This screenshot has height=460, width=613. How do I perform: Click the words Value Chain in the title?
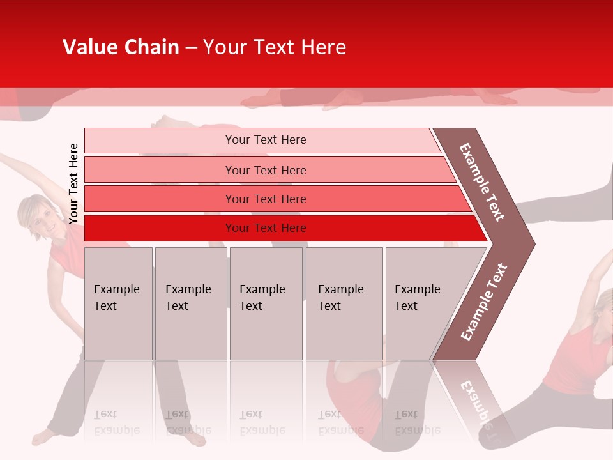[x=121, y=47]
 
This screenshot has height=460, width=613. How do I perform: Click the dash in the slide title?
[x=191, y=48]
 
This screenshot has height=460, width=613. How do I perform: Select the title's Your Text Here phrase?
[x=275, y=47]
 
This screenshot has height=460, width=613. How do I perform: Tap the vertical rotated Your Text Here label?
[x=74, y=183]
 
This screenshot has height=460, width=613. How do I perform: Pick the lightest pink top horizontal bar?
[x=265, y=140]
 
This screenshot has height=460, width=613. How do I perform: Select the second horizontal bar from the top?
[x=265, y=170]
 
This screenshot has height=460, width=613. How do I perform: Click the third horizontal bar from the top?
[x=265, y=199]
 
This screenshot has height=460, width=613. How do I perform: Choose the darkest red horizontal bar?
[x=265, y=228]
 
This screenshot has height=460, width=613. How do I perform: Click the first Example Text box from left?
[x=118, y=303]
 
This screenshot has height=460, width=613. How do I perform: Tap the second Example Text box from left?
[x=190, y=303]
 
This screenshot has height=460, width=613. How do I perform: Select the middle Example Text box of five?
[x=266, y=303]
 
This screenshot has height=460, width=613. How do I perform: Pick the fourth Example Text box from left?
[x=344, y=303]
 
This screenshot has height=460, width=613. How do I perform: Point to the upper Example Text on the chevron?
[x=483, y=181]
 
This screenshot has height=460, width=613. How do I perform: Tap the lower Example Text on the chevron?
[x=484, y=302]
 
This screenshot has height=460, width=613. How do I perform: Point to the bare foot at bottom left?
[x=43, y=437]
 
